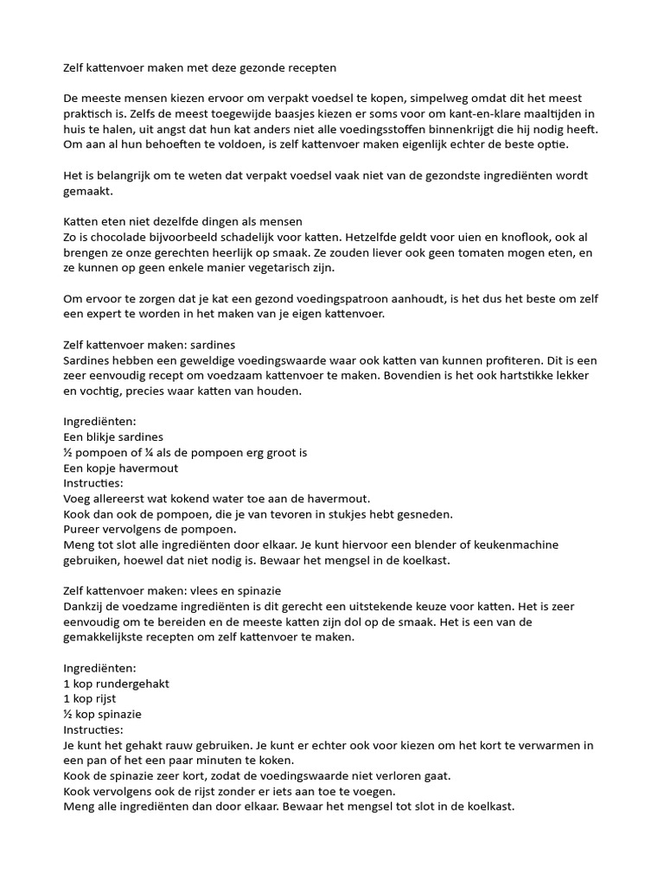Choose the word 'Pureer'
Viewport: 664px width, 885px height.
pyautogui.click(x=84, y=529)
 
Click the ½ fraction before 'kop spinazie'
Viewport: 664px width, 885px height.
pyautogui.click(x=68, y=714)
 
